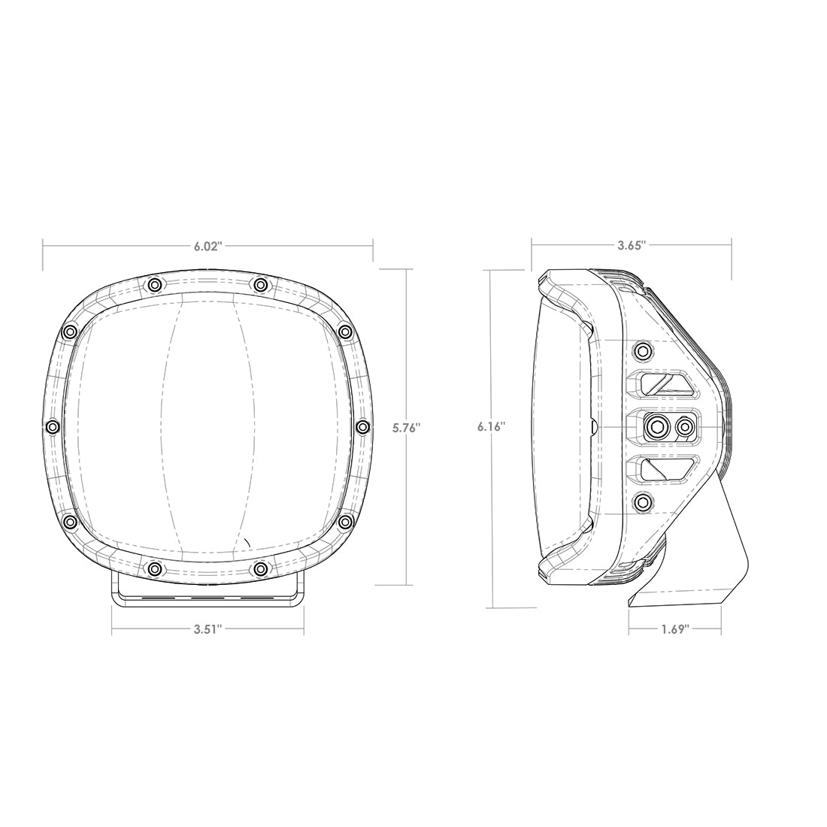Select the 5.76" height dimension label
point(407,428)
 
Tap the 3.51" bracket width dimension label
point(208,630)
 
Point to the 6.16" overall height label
point(490,426)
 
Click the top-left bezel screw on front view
point(154,284)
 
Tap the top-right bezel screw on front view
point(260,284)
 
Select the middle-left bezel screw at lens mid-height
point(52,427)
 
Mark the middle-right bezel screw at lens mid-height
point(362,427)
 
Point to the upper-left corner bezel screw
point(70,332)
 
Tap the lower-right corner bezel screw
point(345,521)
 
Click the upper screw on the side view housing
point(643,350)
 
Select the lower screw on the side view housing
point(643,503)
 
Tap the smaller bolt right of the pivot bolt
point(684,427)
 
